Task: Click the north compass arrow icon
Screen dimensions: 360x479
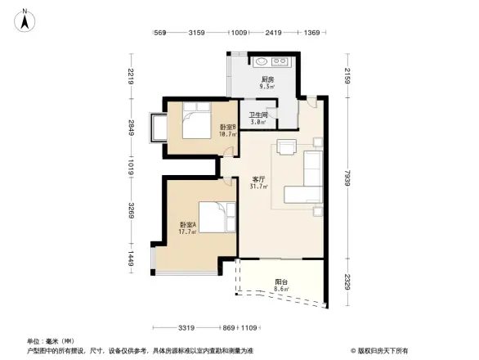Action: click(26, 20)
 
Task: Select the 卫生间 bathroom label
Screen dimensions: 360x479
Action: click(257, 118)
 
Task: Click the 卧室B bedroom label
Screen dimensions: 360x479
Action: click(227, 130)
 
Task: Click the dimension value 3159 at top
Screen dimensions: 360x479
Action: click(196, 33)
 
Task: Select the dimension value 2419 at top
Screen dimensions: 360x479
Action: click(274, 33)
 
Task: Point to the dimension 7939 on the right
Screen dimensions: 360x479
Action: click(350, 180)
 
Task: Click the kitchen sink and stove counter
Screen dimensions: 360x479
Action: click(270, 62)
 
